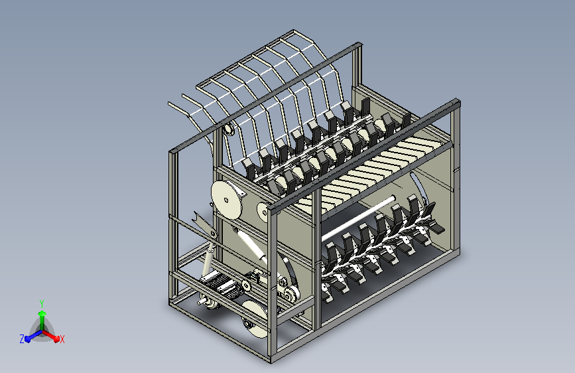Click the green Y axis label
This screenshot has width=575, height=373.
pos(42,303)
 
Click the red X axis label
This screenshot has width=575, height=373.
pos(62,339)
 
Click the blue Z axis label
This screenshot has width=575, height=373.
pos(22,339)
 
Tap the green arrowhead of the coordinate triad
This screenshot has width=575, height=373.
pos(42,313)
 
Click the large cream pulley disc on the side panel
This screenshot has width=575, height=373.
pos(227,200)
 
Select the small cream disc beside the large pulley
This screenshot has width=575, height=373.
pos(264,212)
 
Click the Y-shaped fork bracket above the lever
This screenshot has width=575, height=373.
pos(202,222)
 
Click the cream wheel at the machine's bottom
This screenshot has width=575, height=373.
pos(255,319)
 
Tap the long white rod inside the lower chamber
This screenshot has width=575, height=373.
pos(358,219)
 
